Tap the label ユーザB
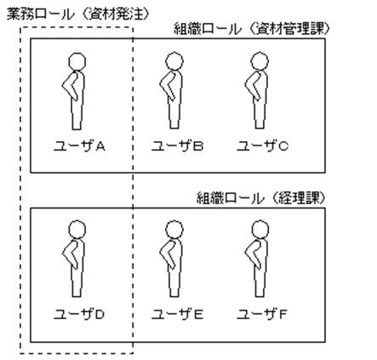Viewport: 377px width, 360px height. tap(176, 146)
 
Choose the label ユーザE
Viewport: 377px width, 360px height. tap(176, 314)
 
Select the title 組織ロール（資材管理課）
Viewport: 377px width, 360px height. tap(251, 29)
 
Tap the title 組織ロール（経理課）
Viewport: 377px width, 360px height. tap(263, 197)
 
